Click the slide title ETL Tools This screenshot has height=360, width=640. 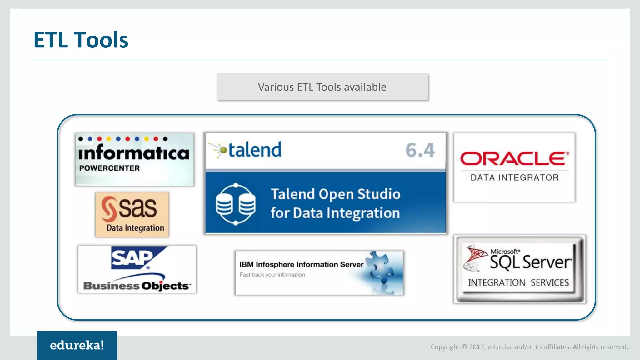click(x=81, y=40)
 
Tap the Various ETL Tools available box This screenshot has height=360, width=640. click(x=322, y=87)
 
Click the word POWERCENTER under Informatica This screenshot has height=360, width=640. click(x=109, y=168)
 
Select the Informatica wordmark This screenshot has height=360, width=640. click(x=134, y=153)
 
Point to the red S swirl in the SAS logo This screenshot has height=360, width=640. click(x=109, y=208)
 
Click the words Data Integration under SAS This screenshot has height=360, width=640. click(x=135, y=228)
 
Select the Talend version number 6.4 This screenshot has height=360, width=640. click(x=420, y=150)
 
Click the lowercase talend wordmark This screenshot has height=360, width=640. click(x=255, y=150)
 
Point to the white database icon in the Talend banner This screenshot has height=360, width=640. click(x=236, y=204)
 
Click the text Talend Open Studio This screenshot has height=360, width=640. click(x=336, y=194)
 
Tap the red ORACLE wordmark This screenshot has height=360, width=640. click(x=514, y=158)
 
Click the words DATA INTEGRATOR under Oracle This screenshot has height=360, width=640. click(x=515, y=177)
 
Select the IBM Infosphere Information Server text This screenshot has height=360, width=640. click(x=301, y=264)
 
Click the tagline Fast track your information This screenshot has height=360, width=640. click(x=272, y=275)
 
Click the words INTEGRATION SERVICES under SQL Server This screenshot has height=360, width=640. click(x=518, y=282)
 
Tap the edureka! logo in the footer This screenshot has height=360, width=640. click(x=77, y=345)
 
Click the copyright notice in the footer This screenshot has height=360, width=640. click(x=529, y=347)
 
